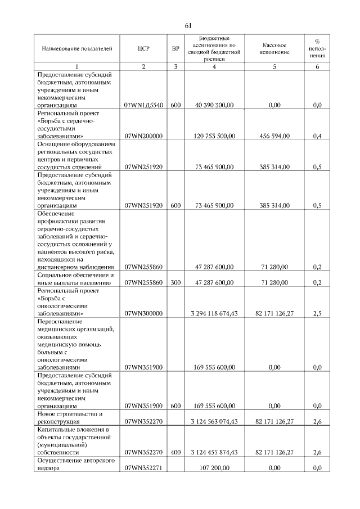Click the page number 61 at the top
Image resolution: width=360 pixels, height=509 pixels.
188,25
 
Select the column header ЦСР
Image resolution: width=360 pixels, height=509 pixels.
143,48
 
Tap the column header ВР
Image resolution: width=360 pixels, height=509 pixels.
175,48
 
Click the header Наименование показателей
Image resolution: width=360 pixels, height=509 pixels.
77,48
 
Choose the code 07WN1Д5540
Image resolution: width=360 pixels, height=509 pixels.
143,105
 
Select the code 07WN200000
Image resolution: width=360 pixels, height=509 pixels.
143,136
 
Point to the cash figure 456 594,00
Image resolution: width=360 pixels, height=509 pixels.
274,136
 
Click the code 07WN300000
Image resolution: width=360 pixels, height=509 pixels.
143,313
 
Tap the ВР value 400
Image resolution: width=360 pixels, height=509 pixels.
175,452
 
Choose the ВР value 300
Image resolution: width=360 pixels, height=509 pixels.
175,282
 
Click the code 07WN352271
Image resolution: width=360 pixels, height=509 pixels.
143,467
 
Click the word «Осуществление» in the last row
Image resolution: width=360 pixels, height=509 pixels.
60,460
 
